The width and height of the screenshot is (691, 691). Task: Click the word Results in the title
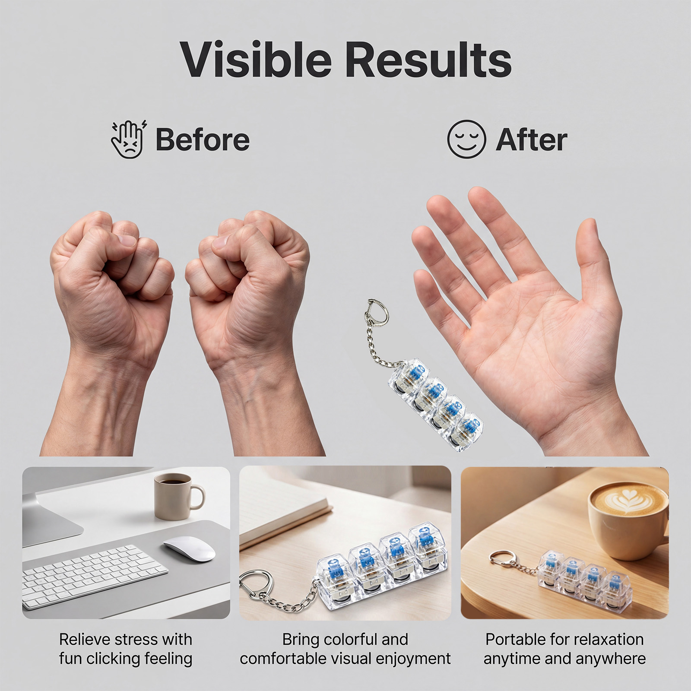(x=428, y=59)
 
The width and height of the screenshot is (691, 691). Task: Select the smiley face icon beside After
(x=466, y=139)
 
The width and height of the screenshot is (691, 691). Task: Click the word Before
(x=203, y=139)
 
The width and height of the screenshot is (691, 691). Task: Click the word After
(x=531, y=139)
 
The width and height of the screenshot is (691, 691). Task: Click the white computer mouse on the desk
(x=189, y=548)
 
